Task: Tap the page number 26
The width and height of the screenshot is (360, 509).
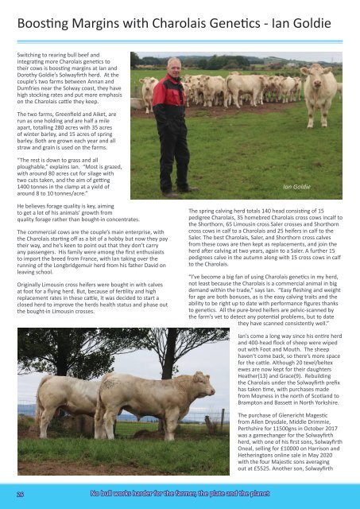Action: pyautogui.click(x=21, y=492)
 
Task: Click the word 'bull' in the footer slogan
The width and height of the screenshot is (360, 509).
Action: pyautogui.click(x=111, y=492)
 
